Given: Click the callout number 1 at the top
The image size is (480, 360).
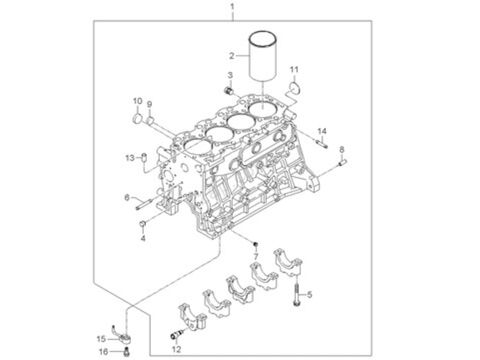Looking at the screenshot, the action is click(232, 6).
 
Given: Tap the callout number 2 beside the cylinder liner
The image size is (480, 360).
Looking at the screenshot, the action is click(232, 56).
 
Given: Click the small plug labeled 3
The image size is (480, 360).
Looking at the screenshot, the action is click(229, 90).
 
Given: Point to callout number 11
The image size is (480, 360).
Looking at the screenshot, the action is click(294, 70).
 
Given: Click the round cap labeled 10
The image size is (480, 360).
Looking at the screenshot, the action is click(137, 118).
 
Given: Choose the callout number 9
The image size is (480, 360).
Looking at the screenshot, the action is click(149, 105).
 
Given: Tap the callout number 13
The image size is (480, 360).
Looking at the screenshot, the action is click(130, 157).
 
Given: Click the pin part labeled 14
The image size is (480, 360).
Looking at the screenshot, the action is click(322, 144).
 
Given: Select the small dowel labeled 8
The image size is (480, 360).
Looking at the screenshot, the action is click(343, 162).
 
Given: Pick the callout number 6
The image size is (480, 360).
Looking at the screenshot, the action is click(127, 198).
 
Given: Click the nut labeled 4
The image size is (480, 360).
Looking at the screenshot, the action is click(143, 224).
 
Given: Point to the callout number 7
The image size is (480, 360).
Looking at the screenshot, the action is click(256, 256).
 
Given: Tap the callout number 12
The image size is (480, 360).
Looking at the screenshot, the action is click(176, 349).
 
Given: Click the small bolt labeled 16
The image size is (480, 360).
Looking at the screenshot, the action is click(126, 351).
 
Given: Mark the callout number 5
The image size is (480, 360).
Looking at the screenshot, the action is click(310, 295).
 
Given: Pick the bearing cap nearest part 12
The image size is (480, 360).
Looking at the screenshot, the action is click(193, 316).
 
